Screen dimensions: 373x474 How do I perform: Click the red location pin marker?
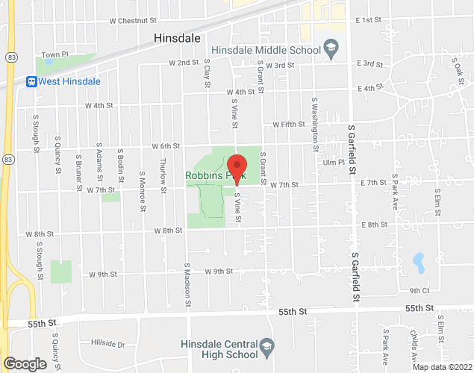click(x=237, y=168)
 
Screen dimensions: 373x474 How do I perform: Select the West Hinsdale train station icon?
click(x=32, y=81)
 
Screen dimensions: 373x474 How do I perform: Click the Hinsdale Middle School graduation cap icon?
click(x=329, y=50)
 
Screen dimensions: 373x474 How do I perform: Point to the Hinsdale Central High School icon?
click(x=266, y=345)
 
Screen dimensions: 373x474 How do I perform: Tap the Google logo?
click(x=24, y=363)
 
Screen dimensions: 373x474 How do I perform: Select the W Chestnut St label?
click(x=132, y=22)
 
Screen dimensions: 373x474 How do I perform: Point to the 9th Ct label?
click(x=419, y=291)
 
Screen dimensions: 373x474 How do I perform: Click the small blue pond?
click(x=419, y=262)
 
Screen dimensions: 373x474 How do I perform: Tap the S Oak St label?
click(x=457, y=72)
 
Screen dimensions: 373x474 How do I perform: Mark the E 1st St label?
click(x=369, y=20)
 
